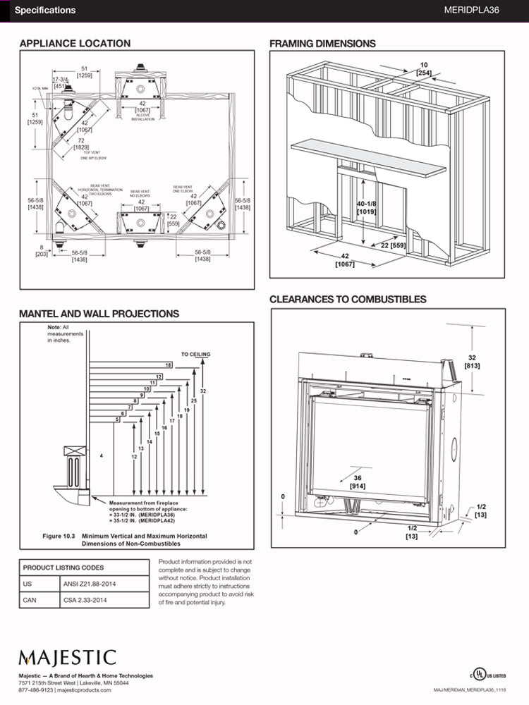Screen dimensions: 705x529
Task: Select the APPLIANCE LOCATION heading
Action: point(75,44)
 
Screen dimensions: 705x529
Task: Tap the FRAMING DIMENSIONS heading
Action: point(322,44)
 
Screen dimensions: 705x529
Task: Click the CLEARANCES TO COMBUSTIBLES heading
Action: point(348,300)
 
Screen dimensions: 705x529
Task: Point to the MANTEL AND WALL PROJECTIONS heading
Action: point(99,314)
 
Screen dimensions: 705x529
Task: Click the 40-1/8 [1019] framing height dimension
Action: point(366,207)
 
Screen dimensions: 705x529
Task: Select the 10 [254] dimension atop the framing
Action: point(424,69)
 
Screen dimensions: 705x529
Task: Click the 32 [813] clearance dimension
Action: point(472,362)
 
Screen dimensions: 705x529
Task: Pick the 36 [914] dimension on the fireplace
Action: point(358,482)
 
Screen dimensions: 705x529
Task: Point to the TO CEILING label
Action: point(195,354)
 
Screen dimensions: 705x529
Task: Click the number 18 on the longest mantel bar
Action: point(169,364)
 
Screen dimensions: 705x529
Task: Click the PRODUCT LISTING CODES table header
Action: point(63,568)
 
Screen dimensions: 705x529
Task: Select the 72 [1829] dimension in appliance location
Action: point(82,144)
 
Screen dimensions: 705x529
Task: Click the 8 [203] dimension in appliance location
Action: point(42,250)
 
